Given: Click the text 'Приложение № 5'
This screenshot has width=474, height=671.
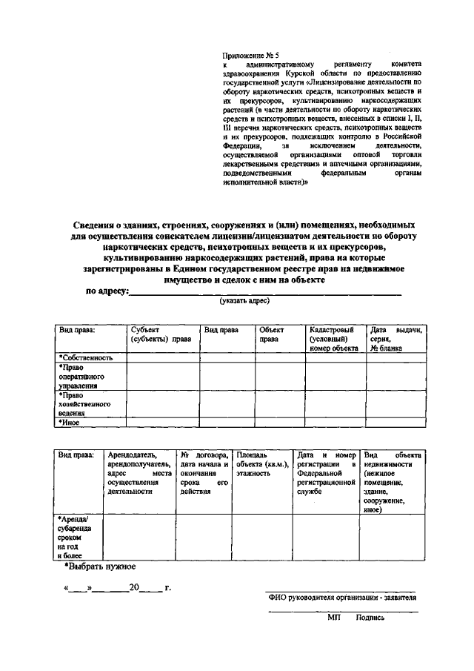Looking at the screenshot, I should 250,56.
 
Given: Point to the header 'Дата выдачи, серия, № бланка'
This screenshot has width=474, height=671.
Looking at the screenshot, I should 395,338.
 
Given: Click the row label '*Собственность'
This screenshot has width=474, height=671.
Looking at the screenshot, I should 86,357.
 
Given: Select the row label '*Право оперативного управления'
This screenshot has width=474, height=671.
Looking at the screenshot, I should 81,376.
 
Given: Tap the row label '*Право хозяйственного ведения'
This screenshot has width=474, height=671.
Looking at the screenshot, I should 84,405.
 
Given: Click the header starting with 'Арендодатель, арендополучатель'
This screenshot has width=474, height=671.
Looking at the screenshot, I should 139,472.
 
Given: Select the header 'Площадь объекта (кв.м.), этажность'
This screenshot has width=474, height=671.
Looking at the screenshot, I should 260,462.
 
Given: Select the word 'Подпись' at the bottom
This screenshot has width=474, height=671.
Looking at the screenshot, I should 370,617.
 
